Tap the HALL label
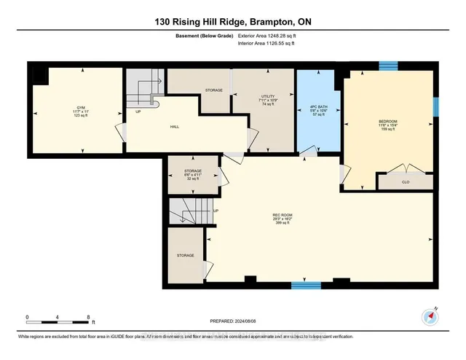pyautogui.click(x=175, y=127)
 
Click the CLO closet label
pyautogui.click(x=405, y=181)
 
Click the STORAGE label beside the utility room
pyautogui.click(x=213, y=90)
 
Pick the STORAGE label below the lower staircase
pyautogui.click(x=185, y=256)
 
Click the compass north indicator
pyautogui.click(x=430, y=317)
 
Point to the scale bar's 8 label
pyautogui.click(x=88, y=317)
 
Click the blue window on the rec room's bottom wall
pyautogui.click(x=306, y=285)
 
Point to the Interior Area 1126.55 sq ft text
pyautogui.click(x=266, y=44)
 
